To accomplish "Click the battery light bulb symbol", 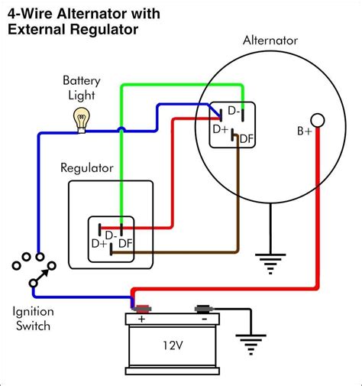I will pyautogui.click(x=80, y=118).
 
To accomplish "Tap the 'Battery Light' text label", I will pyautogui.click(x=80, y=88).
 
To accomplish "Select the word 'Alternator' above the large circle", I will pyautogui.click(x=271, y=40).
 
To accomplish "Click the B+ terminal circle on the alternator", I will pyautogui.click(x=318, y=121).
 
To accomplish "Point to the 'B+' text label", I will pyautogui.click(x=305, y=131).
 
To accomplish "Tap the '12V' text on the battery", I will pyautogui.click(x=172, y=344).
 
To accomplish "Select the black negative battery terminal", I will pyautogui.click(x=203, y=309).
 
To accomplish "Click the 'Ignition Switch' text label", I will pyautogui.click(x=32, y=320).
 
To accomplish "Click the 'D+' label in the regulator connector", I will pyautogui.click(x=99, y=244).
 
